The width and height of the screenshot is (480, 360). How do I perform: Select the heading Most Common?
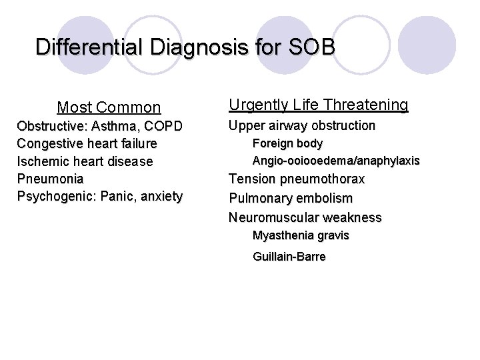click(x=109, y=107)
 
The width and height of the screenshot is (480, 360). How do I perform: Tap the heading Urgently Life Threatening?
click(x=318, y=105)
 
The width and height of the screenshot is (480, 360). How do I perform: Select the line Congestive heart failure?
click(x=87, y=143)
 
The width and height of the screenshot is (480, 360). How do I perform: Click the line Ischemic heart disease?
click(x=85, y=161)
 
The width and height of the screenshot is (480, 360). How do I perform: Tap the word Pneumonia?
click(x=49, y=179)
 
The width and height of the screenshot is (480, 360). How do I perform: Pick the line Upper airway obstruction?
click(x=302, y=126)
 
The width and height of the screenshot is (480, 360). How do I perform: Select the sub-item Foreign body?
click(x=287, y=143)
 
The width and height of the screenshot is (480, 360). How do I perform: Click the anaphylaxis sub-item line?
click(x=336, y=161)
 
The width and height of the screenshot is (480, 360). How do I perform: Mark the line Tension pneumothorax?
click(x=297, y=179)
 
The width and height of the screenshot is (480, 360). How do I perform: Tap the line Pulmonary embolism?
click(x=291, y=198)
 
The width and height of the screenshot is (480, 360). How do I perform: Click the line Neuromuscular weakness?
click(x=305, y=217)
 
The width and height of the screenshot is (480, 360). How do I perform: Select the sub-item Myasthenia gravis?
click(x=301, y=235)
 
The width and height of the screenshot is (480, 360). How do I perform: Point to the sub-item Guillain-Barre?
click(x=289, y=257)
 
